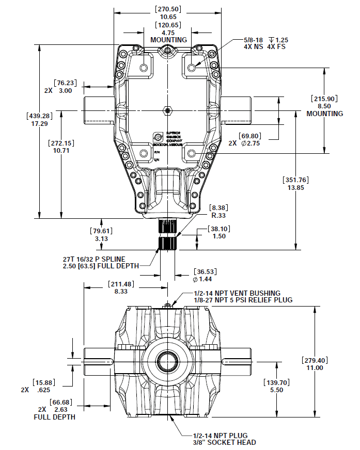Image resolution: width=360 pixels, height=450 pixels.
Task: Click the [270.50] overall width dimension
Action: click(168, 9)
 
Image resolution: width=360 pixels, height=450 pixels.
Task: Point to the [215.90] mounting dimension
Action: click(325, 99)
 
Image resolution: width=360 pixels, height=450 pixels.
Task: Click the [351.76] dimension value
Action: click(296, 180)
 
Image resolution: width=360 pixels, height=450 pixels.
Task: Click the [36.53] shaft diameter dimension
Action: click(205, 271)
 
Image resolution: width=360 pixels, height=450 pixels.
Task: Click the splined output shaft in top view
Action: click(167, 235)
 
